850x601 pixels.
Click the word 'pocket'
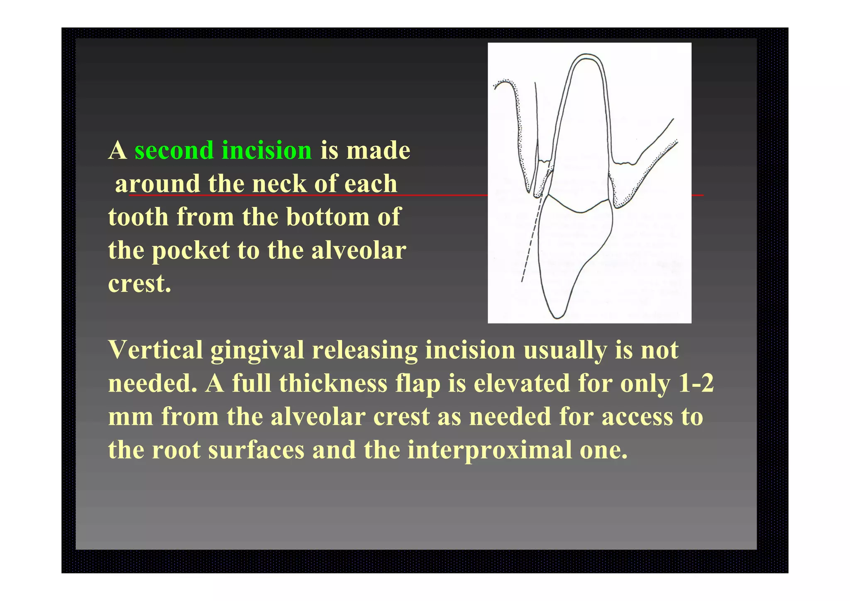[191, 250]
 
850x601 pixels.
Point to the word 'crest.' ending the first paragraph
[139, 284]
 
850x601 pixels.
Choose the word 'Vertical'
[156, 350]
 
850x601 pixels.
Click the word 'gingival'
[257, 350]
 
